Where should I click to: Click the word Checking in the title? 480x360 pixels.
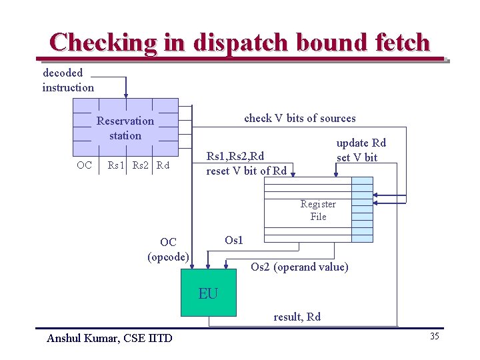click(103, 42)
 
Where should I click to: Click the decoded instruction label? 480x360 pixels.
click(68, 80)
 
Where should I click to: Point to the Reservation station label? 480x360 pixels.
click(125, 128)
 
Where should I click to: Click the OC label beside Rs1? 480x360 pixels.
click(85, 165)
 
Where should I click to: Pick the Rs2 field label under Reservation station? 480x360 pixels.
click(141, 165)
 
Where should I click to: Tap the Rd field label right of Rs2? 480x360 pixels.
click(163, 165)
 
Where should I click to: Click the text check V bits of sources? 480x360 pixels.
click(300, 119)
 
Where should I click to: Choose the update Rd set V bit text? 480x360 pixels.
click(361, 150)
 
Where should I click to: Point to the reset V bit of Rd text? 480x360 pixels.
click(247, 171)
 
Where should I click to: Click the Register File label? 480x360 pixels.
click(318, 210)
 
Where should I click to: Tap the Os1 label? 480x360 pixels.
click(234, 240)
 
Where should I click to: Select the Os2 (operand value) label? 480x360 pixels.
click(299, 267)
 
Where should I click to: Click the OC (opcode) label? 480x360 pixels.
click(168, 249)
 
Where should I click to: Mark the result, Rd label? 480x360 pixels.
click(297, 317)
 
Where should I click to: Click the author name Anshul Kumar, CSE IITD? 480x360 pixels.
click(109, 338)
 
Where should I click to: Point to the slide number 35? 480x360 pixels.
click(434, 336)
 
